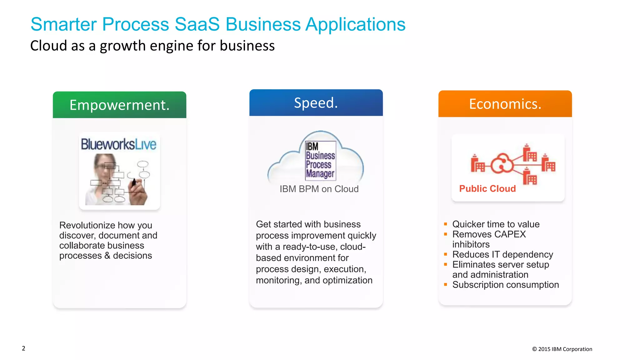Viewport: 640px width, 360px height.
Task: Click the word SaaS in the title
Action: (x=197, y=24)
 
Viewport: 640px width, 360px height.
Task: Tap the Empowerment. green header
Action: (x=119, y=105)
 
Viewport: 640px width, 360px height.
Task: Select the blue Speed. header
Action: (x=316, y=103)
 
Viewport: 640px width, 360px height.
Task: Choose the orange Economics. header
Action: (x=505, y=104)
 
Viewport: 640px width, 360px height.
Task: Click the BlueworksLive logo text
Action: (x=118, y=145)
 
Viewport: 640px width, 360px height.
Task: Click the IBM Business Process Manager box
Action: (x=320, y=161)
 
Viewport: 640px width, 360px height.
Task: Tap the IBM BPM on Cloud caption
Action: (x=319, y=189)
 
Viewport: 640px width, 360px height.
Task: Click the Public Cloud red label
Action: (x=487, y=189)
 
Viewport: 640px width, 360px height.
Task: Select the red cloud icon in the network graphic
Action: (x=502, y=163)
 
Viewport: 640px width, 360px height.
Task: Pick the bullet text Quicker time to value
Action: (x=496, y=224)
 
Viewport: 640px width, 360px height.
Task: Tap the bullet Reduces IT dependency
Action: (x=502, y=255)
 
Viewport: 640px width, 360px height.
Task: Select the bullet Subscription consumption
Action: (x=505, y=285)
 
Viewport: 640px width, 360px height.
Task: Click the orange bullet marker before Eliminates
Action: (x=446, y=264)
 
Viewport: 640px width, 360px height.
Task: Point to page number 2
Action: (x=23, y=348)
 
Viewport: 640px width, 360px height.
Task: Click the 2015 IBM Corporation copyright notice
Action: (x=562, y=349)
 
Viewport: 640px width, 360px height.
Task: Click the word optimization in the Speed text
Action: (x=347, y=280)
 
